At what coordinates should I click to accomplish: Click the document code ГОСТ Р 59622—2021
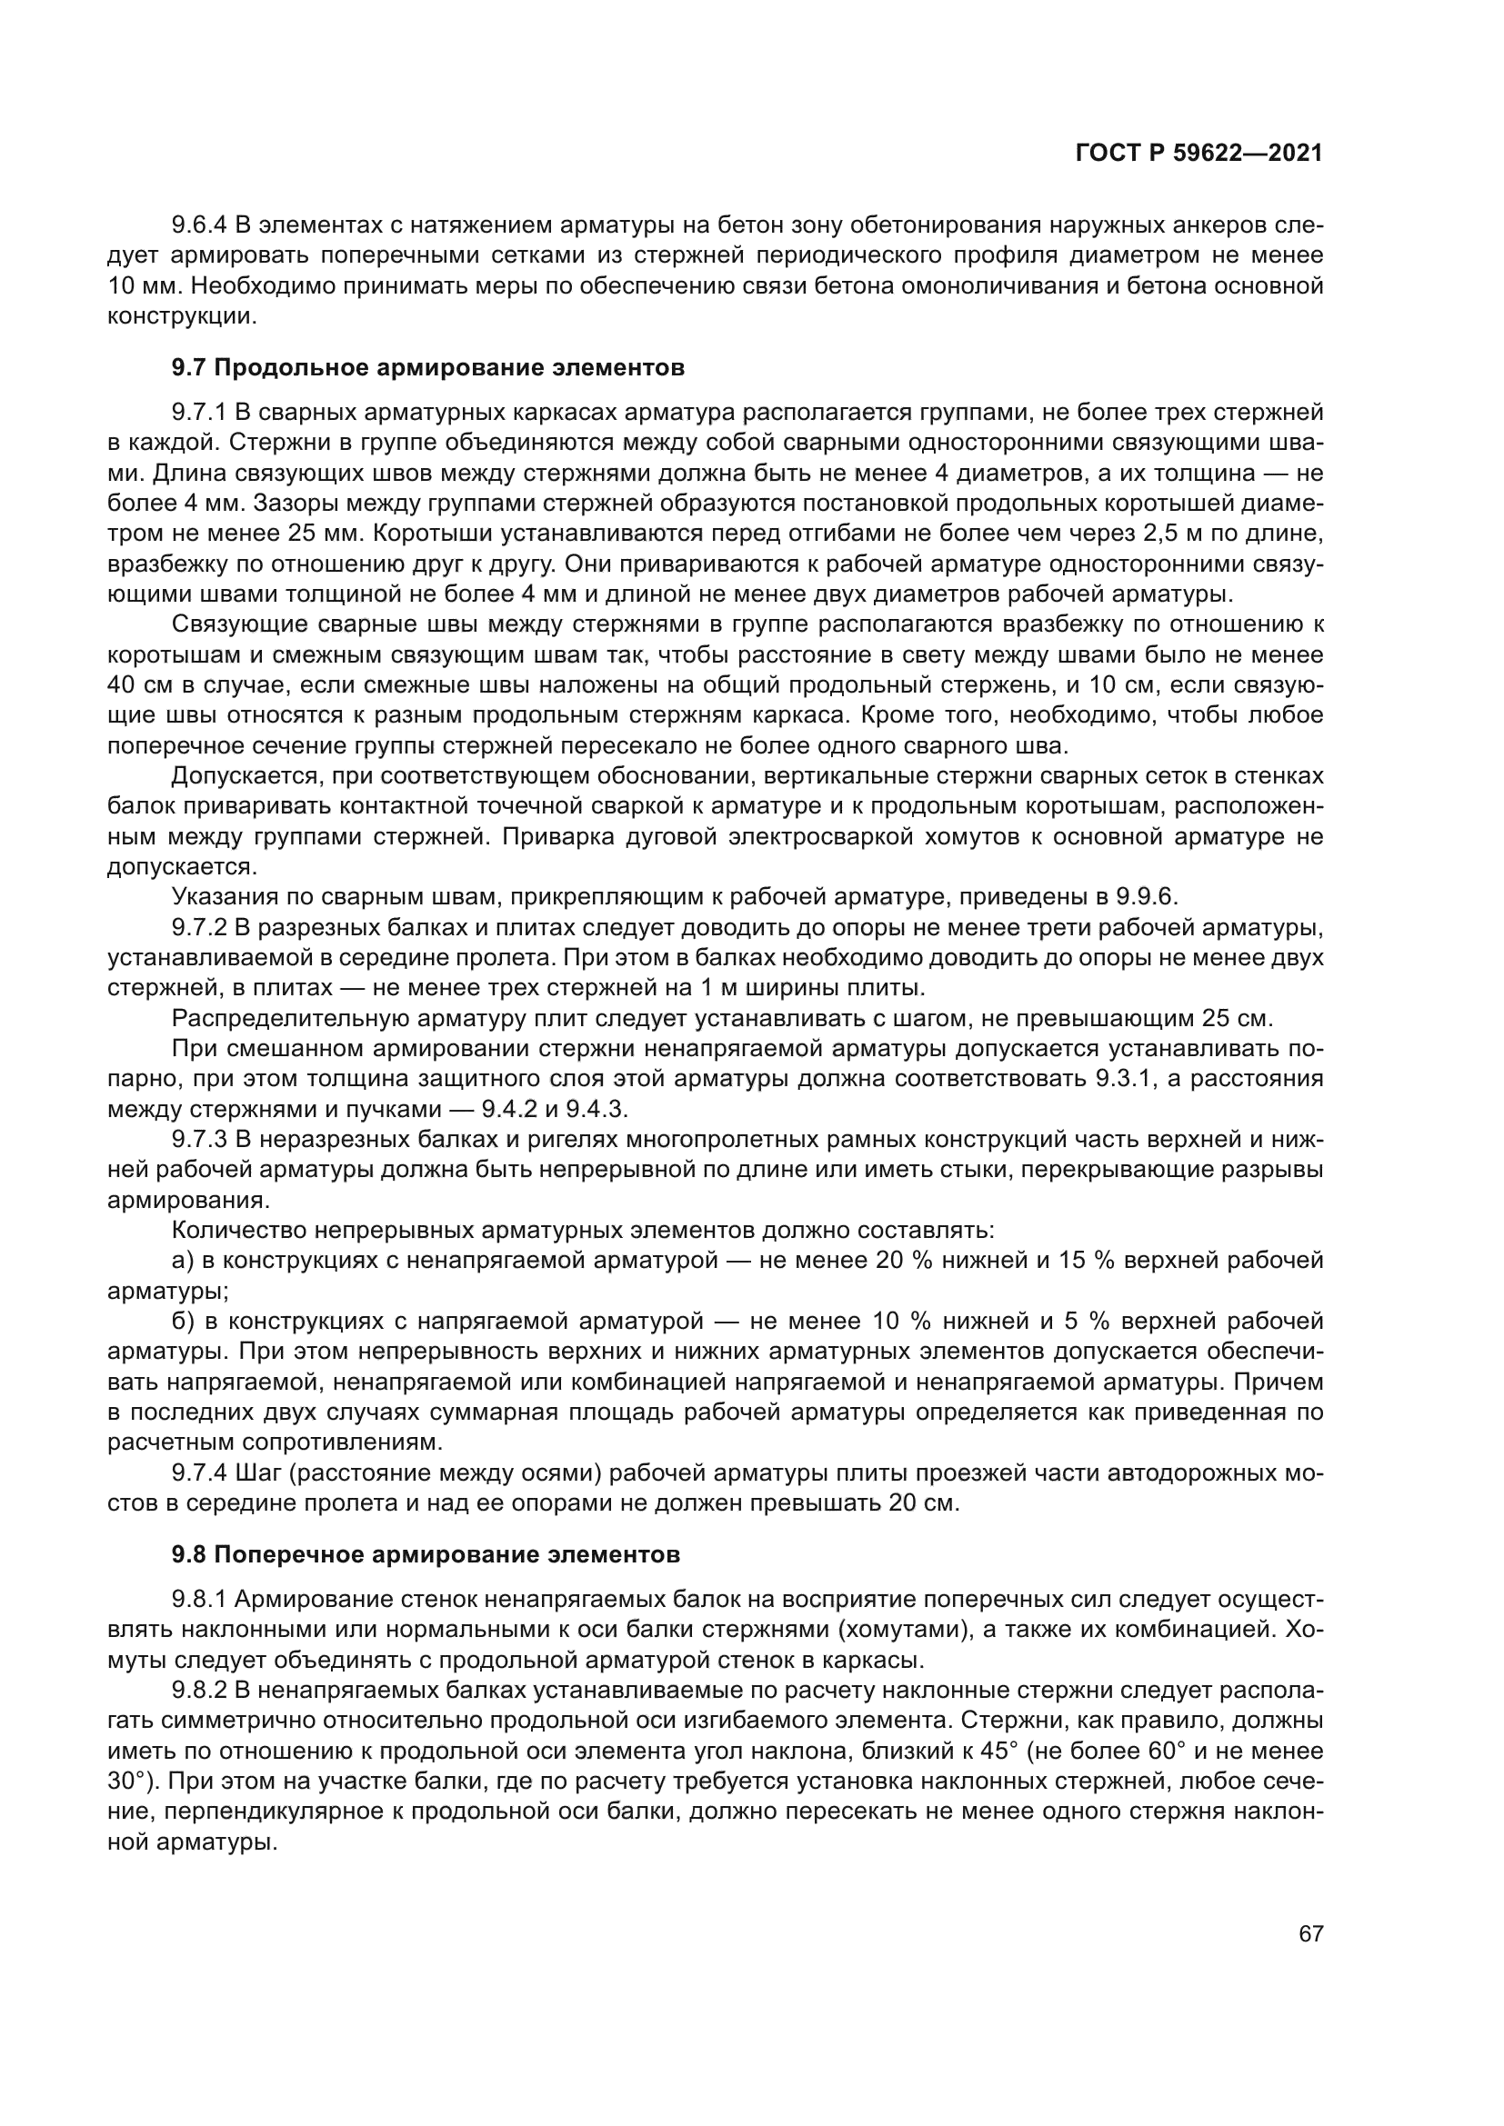point(1198,154)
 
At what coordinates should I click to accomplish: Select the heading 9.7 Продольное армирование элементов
point(428,367)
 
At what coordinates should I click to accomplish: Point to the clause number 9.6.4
point(199,225)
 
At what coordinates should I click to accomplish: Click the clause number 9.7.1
point(199,412)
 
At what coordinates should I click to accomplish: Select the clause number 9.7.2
point(199,927)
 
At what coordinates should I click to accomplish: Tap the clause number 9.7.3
point(199,1139)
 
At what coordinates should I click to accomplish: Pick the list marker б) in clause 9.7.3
point(183,1322)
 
